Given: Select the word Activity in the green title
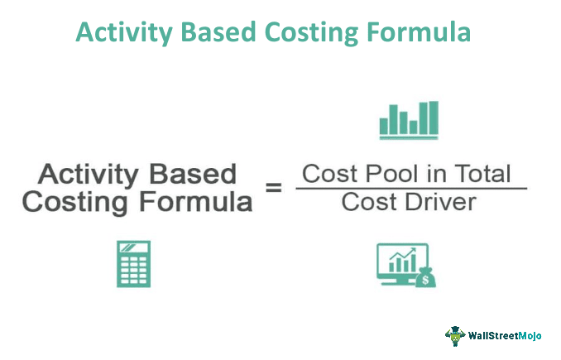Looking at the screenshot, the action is click(x=124, y=33).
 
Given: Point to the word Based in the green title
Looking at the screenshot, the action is click(x=218, y=32).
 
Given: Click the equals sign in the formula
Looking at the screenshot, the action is click(x=274, y=188).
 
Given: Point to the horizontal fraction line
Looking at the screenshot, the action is click(x=411, y=188).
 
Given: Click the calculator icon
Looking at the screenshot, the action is click(x=133, y=264).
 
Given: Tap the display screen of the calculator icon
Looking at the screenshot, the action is click(x=133, y=247).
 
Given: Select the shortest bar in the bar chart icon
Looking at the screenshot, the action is click(x=413, y=127).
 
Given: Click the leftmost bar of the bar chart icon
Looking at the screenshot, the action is click(x=384, y=127).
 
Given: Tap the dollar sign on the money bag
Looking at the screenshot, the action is click(x=425, y=280).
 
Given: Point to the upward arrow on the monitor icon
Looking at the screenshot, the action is click(x=403, y=254).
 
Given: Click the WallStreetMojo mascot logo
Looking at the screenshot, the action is click(x=455, y=336).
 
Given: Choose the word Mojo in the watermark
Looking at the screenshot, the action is click(x=530, y=336).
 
